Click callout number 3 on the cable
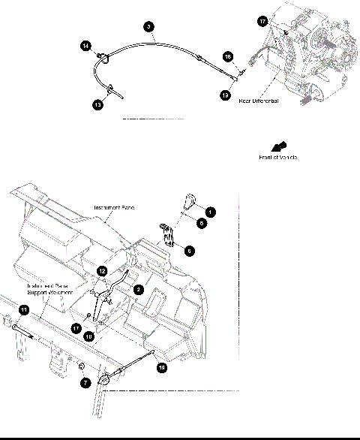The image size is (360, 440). pyautogui.click(x=149, y=26)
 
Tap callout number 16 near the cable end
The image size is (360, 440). pyautogui.click(x=229, y=56)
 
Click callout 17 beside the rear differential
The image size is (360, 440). pyautogui.click(x=262, y=22)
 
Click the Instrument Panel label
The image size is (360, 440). pyautogui.click(x=114, y=207)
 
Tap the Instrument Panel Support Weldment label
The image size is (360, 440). pyautogui.click(x=46, y=289)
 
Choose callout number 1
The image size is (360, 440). pyautogui.click(x=211, y=212)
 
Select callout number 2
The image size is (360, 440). pyautogui.click(x=138, y=288)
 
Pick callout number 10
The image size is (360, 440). pyautogui.click(x=88, y=338)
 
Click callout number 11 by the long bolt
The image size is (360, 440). pyautogui.click(x=23, y=309)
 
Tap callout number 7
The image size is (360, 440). pyautogui.click(x=85, y=383)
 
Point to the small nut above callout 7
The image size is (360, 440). pyautogui.click(x=79, y=366)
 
